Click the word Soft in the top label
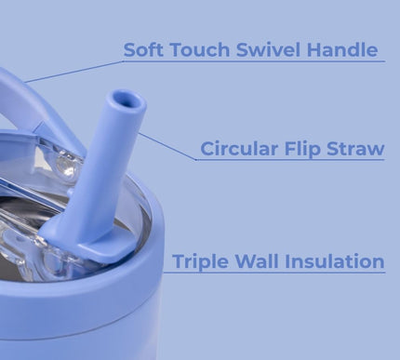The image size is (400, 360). [x=144, y=49]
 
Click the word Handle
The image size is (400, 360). [x=344, y=49]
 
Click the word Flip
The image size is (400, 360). [x=312, y=149]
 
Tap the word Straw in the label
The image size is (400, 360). [x=359, y=148]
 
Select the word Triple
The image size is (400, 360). [x=203, y=261]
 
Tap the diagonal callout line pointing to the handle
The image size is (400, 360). [x=74, y=72]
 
